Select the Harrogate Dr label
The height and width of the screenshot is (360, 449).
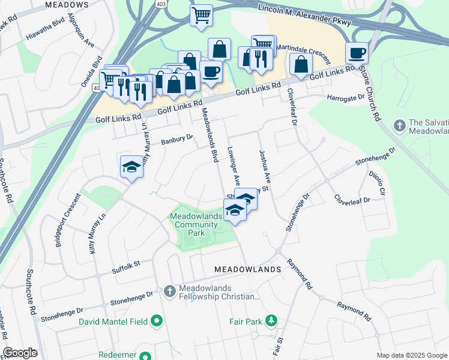[346, 97]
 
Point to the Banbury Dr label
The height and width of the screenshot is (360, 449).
[177, 141]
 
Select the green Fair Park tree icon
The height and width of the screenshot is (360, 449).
[271, 322]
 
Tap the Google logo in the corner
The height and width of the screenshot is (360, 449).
[20, 353]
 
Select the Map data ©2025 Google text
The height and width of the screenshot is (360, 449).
[411, 355]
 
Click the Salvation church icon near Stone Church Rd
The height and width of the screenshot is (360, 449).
[399, 126]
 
